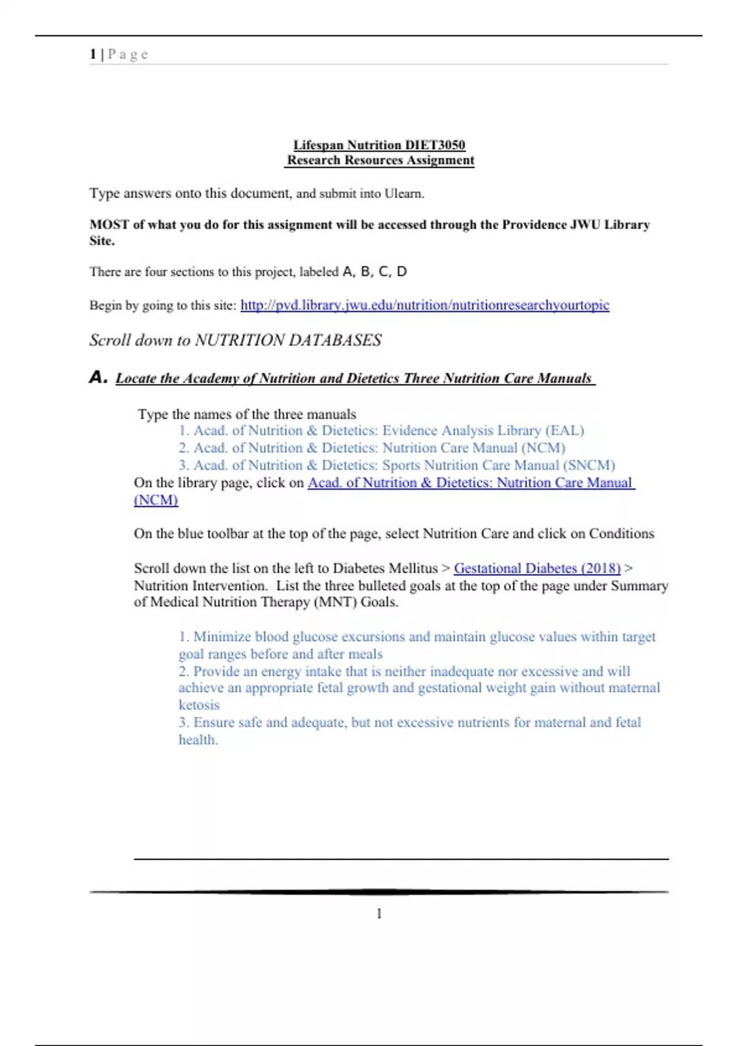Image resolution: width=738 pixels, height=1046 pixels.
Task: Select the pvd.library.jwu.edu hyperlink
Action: (424, 305)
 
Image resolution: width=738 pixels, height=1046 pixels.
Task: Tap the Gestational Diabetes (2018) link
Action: (537, 568)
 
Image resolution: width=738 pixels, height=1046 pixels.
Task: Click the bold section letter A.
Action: (98, 377)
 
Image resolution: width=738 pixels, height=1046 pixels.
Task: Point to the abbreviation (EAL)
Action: (565, 431)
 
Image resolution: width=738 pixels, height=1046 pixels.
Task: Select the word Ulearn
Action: (404, 194)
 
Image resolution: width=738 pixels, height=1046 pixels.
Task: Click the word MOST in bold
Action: (109, 225)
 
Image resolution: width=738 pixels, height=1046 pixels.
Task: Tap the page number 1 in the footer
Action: (379, 914)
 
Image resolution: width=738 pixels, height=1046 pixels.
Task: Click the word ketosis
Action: (199, 705)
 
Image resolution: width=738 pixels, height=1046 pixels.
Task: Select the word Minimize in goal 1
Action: (222, 637)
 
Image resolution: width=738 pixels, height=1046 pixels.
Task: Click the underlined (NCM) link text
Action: (156, 500)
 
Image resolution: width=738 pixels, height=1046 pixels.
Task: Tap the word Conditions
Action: (621, 533)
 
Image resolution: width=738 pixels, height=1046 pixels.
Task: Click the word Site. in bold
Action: (102, 241)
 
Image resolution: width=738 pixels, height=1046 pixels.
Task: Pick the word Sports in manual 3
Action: (401, 465)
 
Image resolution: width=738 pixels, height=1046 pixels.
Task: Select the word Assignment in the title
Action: (440, 161)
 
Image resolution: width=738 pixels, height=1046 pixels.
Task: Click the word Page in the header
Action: (128, 54)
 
